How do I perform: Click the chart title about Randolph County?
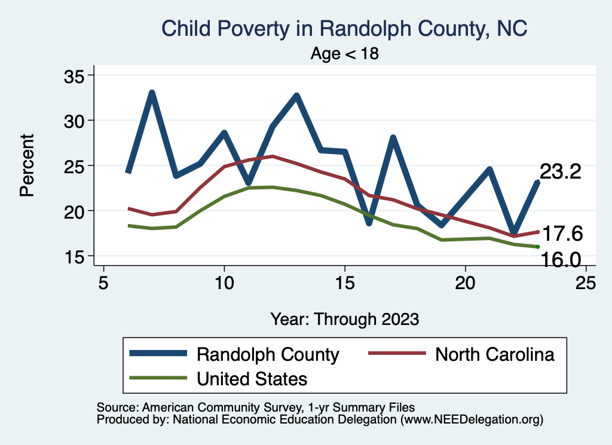point(345,29)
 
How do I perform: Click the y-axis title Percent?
point(26,165)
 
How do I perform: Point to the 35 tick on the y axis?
point(75,76)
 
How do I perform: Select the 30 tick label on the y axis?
point(75,121)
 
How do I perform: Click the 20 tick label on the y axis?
point(75,211)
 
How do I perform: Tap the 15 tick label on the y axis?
point(75,256)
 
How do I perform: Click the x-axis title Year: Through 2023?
point(345,318)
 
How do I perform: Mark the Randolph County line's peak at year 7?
point(152,93)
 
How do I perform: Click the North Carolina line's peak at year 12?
point(273,156)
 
